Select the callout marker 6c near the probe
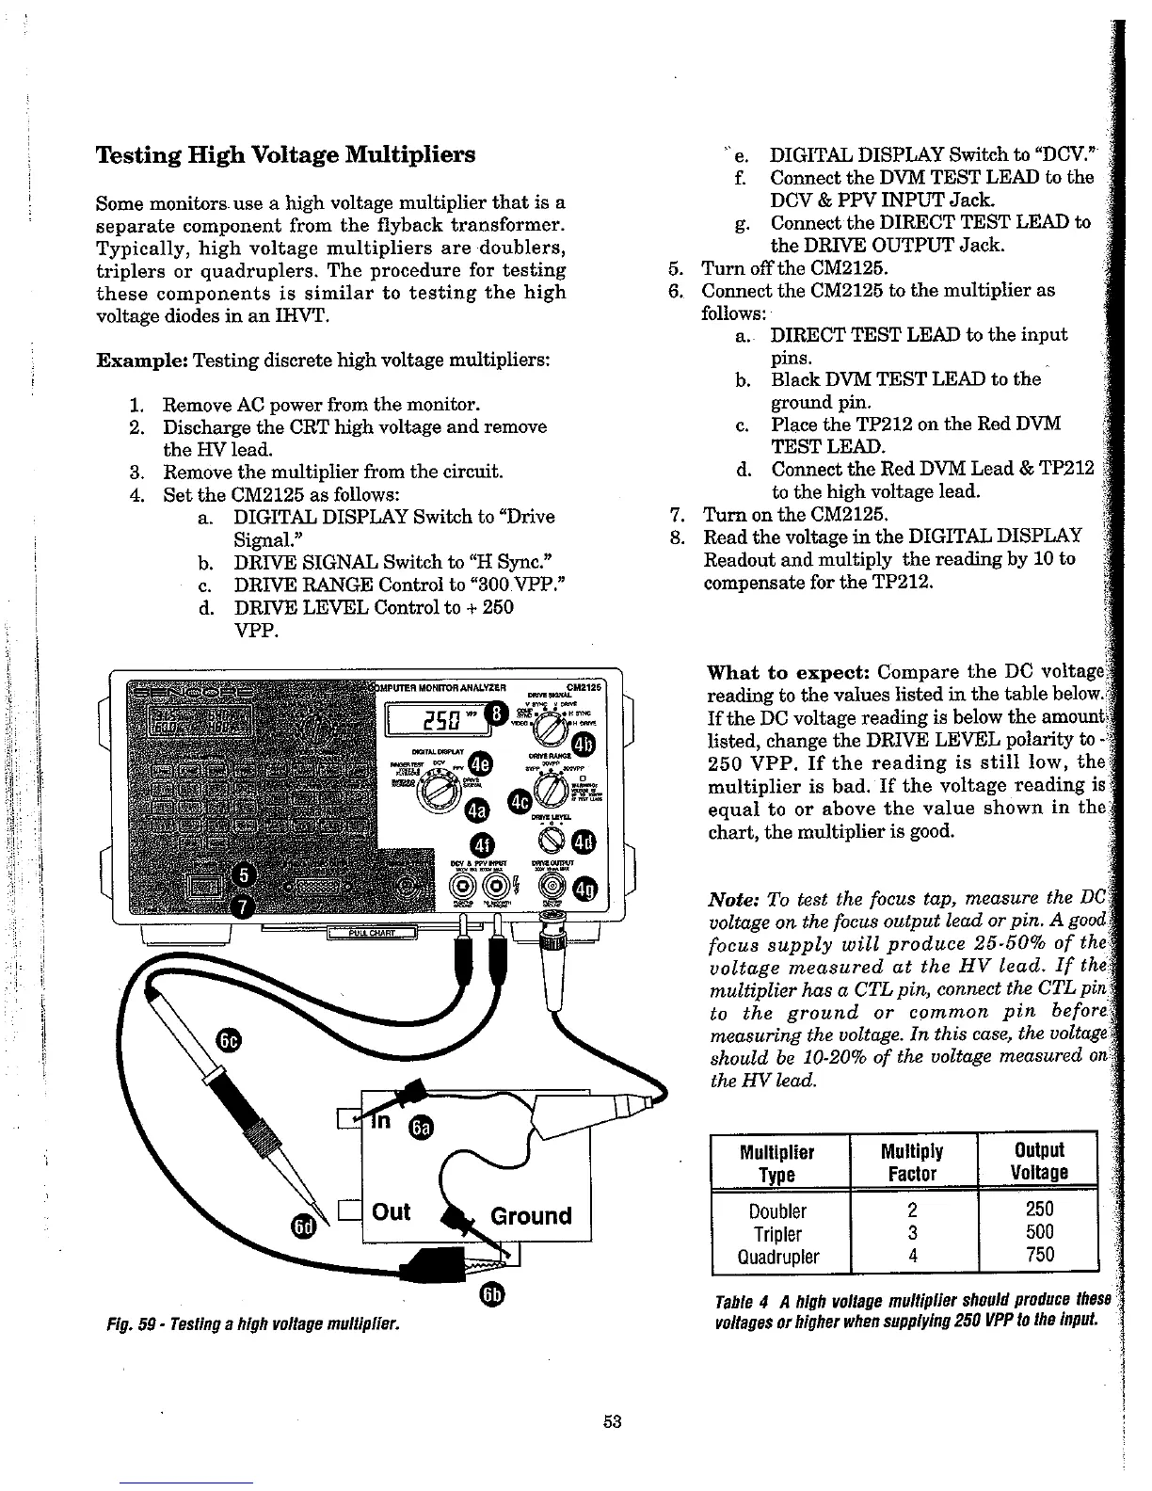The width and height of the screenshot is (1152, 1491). click(x=229, y=1039)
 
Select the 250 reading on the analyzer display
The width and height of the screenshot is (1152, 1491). click(x=440, y=723)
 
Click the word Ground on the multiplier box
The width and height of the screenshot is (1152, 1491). click(x=531, y=1216)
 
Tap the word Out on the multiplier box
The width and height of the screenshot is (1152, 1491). click(x=392, y=1211)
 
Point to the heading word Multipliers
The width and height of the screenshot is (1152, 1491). click(x=411, y=154)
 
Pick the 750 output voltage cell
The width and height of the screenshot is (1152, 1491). click(x=1039, y=1255)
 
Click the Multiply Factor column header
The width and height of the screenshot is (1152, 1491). click(x=912, y=1162)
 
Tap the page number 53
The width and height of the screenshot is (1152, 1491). click(x=613, y=1421)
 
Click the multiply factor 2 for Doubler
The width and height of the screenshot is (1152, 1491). click(x=912, y=1210)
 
